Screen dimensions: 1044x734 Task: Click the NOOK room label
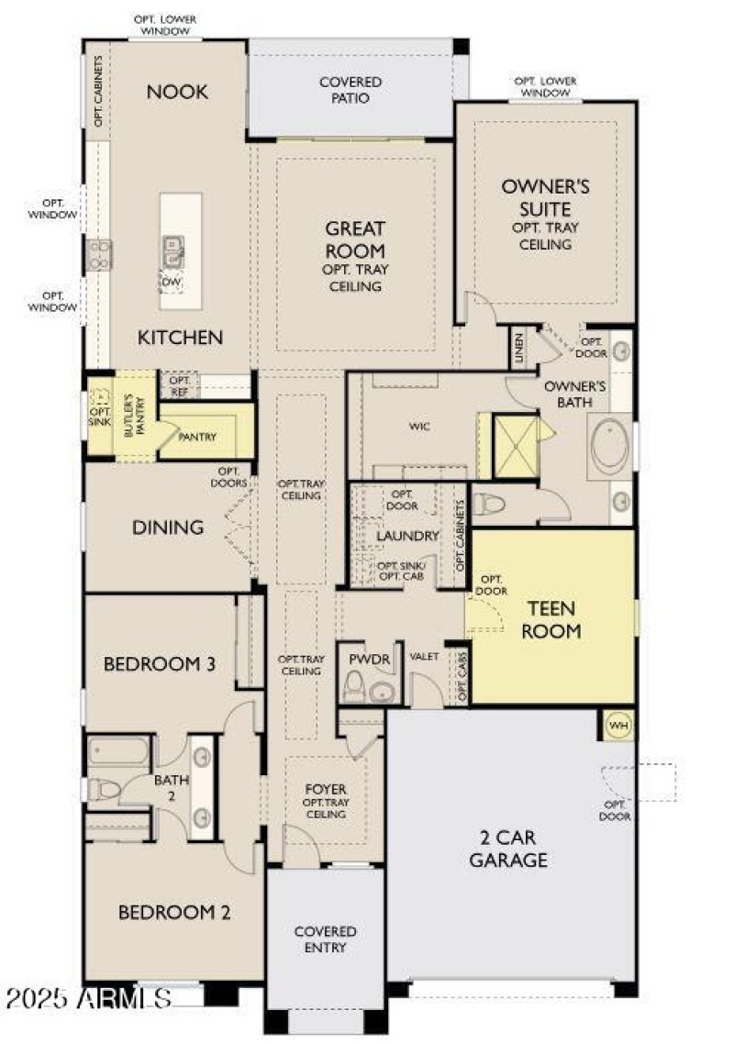(178, 92)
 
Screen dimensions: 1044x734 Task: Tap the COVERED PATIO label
(350, 90)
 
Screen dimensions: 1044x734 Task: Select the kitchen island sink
(172, 249)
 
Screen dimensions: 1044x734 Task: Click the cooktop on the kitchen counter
(99, 254)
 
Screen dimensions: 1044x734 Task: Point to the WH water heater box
(618, 726)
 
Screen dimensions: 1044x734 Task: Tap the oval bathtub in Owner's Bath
(609, 447)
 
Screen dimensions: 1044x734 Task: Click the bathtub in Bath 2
(118, 752)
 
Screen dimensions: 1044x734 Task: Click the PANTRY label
(197, 438)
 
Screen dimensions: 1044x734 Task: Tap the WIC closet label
(419, 427)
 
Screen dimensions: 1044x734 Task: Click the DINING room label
(168, 528)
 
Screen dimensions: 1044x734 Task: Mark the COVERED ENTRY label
(325, 939)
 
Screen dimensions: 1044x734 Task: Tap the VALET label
(424, 657)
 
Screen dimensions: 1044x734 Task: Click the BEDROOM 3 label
(160, 663)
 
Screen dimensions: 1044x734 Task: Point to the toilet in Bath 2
(104, 790)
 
